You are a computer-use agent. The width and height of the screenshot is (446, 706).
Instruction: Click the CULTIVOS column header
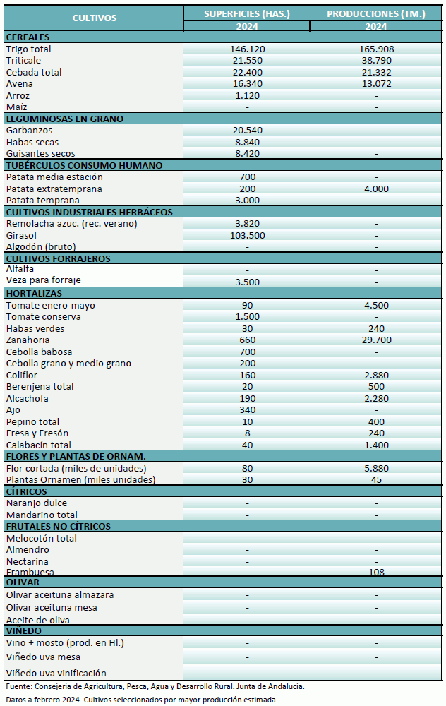(x=94, y=18)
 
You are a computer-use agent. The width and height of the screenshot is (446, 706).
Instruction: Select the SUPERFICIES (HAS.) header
(x=247, y=13)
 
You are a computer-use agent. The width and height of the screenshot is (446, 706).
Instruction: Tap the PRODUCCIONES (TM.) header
(x=376, y=13)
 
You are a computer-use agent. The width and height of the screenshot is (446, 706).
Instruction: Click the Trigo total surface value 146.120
(x=247, y=49)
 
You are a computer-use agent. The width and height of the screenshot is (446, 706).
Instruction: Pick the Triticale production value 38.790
(x=376, y=61)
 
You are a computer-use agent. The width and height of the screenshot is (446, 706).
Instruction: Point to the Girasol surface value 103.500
(x=247, y=235)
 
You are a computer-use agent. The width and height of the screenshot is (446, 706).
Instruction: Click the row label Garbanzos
(x=29, y=131)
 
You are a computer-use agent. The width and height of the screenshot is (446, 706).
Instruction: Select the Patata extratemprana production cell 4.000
(x=376, y=189)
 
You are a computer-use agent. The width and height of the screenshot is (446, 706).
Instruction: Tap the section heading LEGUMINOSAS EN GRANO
(x=64, y=119)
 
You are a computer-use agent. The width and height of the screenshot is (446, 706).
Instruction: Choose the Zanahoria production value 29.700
(x=376, y=340)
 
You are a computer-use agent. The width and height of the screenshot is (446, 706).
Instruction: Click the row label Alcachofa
(x=28, y=398)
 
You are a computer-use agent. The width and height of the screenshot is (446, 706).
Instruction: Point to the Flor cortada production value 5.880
(x=376, y=468)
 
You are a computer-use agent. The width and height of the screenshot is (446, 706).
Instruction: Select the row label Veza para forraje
(x=43, y=280)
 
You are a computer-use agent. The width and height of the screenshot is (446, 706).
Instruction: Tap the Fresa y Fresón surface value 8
(x=247, y=433)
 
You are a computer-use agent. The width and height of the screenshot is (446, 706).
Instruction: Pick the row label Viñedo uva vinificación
(x=56, y=673)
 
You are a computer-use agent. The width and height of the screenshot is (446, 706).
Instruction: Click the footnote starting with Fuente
(x=155, y=686)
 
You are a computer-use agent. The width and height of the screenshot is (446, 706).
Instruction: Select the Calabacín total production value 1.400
(x=376, y=445)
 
